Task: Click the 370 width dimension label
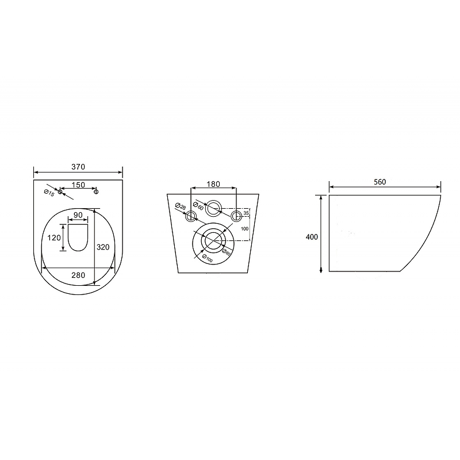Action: tap(78, 167)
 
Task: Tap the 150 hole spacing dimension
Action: tap(78, 185)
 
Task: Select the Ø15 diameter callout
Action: tap(49, 193)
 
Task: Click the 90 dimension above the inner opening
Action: tap(78, 215)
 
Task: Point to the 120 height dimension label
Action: tap(54, 237)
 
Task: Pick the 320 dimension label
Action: tap(103, 247)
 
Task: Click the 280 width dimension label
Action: tap(78, 275)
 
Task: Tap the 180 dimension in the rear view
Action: tap(213, 184)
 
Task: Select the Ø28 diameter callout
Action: tap(181, 206)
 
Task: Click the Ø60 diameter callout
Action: tap(198, 206)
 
